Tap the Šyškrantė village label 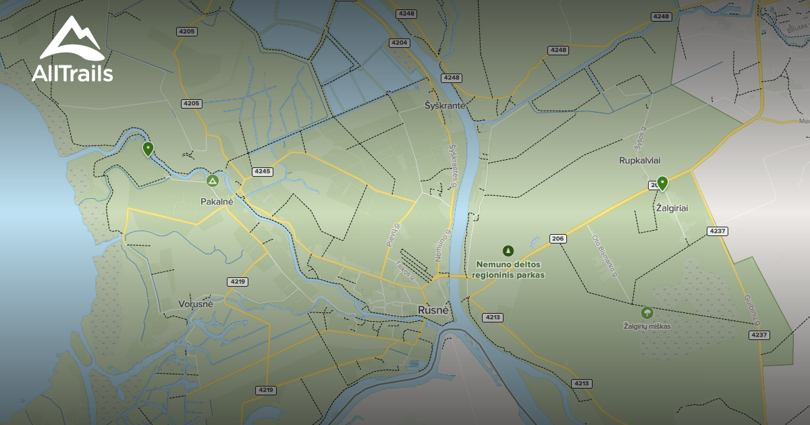(x=446, y=105)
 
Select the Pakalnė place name (x=217, y=201)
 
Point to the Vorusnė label (x=196, y=304)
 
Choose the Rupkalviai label (x=639, y=161)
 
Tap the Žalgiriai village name (x=672, y=208)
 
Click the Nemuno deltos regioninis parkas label (x=509, y=270)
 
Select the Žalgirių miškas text (x=647, y=327)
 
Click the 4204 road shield (x=400, y=42)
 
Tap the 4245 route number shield (x=262, y=171)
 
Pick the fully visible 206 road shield (x=558, y=239)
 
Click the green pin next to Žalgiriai (x=662, y=182)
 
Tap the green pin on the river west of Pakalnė (x=148, y=148)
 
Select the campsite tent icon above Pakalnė (x=213, y=181)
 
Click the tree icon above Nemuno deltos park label (x=508, y=250)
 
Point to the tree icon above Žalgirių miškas (x=647, y=312)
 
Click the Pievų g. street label (x=392, y=235)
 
